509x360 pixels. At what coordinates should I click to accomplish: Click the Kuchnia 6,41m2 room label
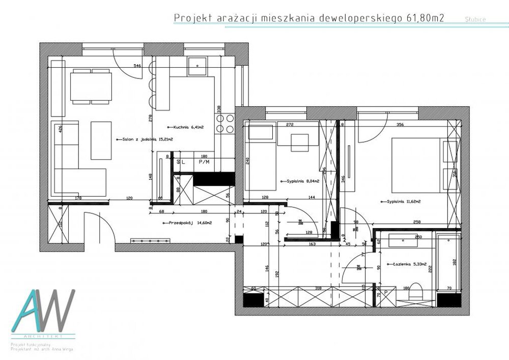point(182,127)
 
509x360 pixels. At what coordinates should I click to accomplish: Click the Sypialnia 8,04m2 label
point(302,181)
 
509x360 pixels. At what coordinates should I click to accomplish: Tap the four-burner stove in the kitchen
point(224,122)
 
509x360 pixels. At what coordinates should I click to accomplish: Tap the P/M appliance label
point(204,162)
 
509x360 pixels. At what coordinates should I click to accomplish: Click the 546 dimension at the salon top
point(137,66)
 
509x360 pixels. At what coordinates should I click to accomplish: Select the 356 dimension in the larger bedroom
point(400,124)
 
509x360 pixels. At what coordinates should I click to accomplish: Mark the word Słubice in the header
point(475,19)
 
